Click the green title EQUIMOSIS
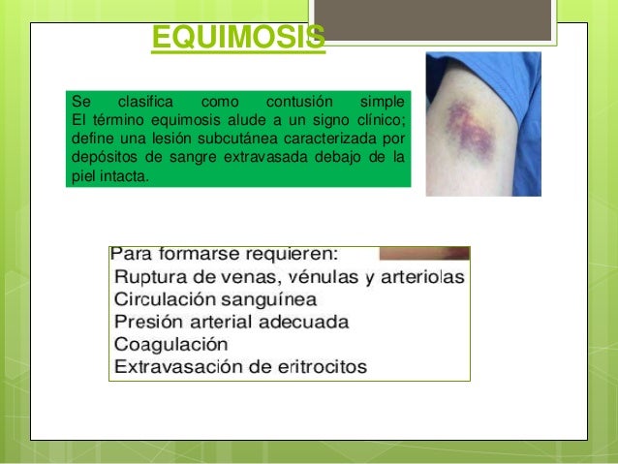[x=238, y=38]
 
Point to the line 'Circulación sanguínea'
[x=214, y=300]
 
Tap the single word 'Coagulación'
[x=170, y=344]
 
